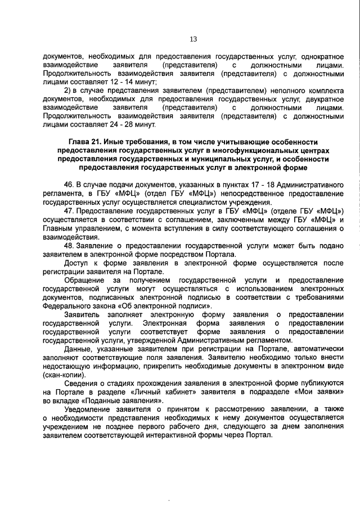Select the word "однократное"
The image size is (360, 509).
click(322, 56)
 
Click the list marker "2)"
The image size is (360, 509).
click(67, 90)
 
